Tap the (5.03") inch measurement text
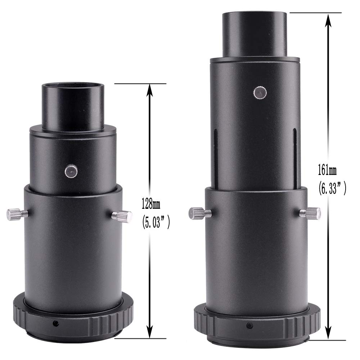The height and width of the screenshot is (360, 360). (x=153, y=222)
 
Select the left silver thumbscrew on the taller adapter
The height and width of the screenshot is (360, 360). (x=197, y=213)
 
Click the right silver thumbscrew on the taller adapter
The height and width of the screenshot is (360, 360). (x=310, y=212)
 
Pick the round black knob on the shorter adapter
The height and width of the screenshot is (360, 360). (x=70, y=171)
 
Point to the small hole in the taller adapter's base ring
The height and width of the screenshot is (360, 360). (x=249, y=326)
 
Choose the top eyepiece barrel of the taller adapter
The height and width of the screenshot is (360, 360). (x=254, y=34)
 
